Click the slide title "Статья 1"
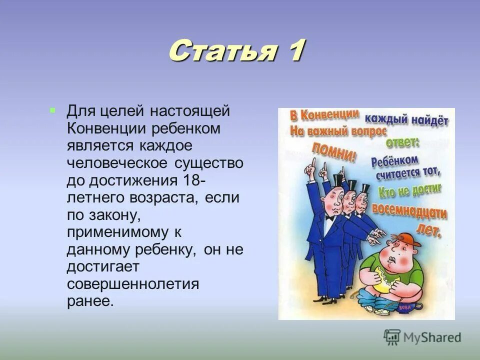pyautogui.click(x=236, y=51)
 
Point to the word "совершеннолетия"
pyautogui.click(x=133, y=284)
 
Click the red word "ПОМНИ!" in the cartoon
pyautogui.click(x=334, y=151)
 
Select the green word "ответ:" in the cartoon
pyautogui.click(x=403, y=141)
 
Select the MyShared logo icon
pyautogui.click(x=392, y=337)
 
